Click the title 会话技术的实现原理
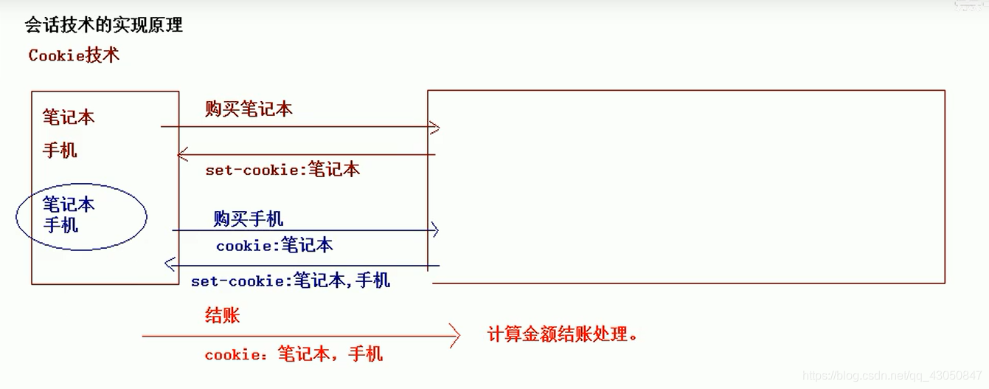coord(103,26)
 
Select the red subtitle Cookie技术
coord(74,55)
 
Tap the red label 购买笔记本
coord(249,109)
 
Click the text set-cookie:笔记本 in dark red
coord(282,169)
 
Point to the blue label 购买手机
coord(249,218)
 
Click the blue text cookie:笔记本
coord(274,245)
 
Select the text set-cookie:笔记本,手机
coord(291,280)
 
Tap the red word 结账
coord(222,316)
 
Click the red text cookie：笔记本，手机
coord(294,354)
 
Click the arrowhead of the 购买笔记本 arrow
coord(435,128)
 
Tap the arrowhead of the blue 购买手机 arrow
coord(434,230)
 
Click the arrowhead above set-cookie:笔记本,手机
coord(170,264)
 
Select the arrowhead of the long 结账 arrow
coord(455,337)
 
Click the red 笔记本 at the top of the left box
coord(69,117)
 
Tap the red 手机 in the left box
coord(60,151)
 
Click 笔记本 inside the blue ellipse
coord(69,204)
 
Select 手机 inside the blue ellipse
coord(60,224)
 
